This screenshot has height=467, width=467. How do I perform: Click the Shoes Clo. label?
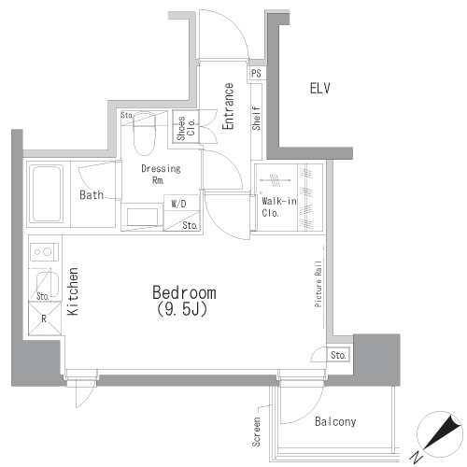[x=187, y=128]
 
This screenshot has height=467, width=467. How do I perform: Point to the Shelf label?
[x=256, y=118]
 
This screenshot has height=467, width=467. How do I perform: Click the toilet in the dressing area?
[x=143, y=134]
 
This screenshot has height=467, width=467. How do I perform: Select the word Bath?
[x=91, y=196]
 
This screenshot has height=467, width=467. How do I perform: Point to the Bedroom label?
[x=184, y=291]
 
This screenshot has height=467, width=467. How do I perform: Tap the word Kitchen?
[x=72, y=292]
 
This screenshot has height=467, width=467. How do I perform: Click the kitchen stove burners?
[x=42, y=251]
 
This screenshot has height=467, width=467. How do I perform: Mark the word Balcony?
[x=334, y=421]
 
